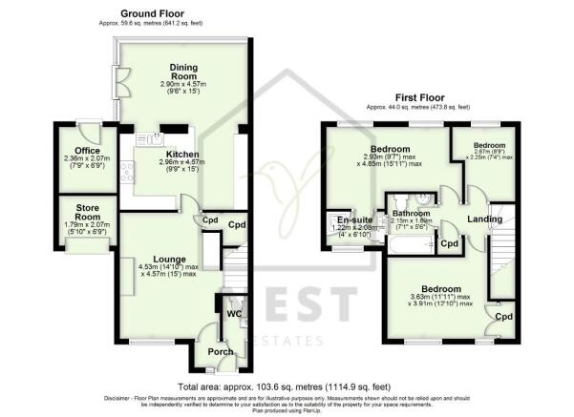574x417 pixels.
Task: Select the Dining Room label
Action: (x=183, y=72)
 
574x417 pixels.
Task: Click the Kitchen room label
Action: (x=181, y=154)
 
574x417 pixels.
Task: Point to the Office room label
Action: (x=78, y=149)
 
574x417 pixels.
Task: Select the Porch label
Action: (x=221, y=350)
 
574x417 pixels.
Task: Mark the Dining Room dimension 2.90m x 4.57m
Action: (x=183, y=85)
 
